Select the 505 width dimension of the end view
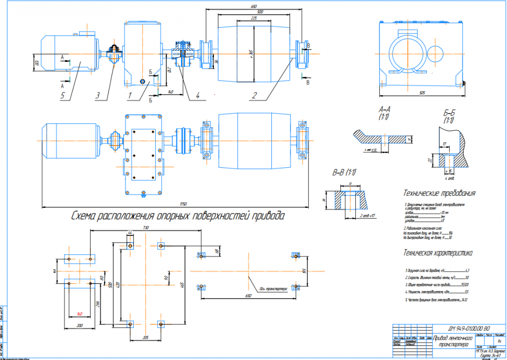(x=422, y=93)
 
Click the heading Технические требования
(x=440, y=193)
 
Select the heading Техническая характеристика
(x=438, y=252)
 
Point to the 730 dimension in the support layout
(x=146, y=228)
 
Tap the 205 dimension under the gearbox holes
(x=146, y=337)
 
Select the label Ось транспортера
(x=273, y=290)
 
